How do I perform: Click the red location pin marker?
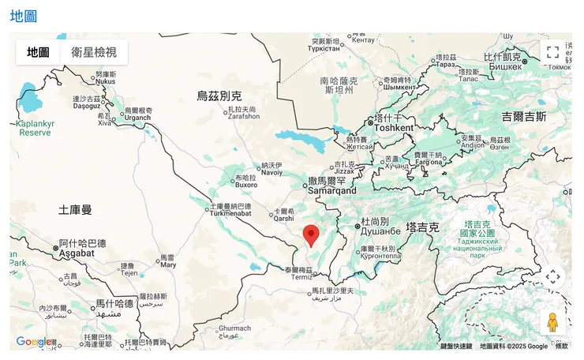pyautogui.click(x=312, y=234)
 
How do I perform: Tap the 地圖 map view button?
pyautogui.click(x=38, y=52)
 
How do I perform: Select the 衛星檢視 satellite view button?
pyautogui.click(x=94, y=52)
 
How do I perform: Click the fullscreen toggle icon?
pyautogui.click(x=552, y=52)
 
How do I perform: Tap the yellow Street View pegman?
pyautogui.click(x=552, y=321)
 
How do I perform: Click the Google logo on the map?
pyautogui.click(x=35, y=342)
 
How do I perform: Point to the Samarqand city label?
pyautogui.click(x=331, y=190)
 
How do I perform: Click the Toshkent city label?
pyautogui.click(x=394, y=127)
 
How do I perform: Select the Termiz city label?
pyautogui.click(x=301, y=277)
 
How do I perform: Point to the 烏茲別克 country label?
pyautogui.click(x=219, y=96)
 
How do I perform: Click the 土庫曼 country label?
pyautogui.click(x=75, y=210)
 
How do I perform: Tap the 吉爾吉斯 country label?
pyautogui.click(x=523, y=117)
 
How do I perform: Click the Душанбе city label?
pyautogui.click(x=382, y=231)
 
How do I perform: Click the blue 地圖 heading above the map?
pyautogui.click(x=24, y=15)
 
